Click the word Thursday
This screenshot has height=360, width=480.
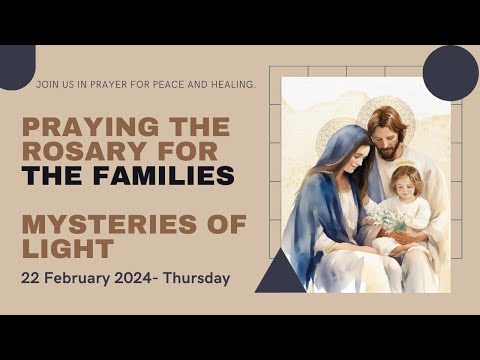[198, 277]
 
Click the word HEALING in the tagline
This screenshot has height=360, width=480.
[232, 85]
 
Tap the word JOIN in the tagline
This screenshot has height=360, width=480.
[46, 85]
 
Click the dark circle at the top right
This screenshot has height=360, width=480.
[449, 73]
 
